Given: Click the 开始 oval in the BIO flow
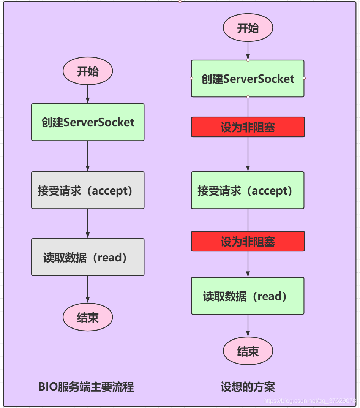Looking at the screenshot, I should [x=88, y=71].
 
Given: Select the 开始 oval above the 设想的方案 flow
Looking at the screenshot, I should [x=248, y=28].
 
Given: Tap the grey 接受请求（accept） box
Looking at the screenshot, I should [x=88, y=190].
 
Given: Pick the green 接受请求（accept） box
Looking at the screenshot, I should [x=248, y=190].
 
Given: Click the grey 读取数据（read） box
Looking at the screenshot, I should [x=88, y=257].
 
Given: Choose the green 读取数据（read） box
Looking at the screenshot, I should [x=248, y=296].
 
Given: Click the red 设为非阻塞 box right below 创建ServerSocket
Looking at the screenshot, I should [x=248, y=127].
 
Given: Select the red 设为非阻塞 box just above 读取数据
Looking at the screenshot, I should [x=248, y=241].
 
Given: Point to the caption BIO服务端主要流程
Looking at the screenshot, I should [x=86, y=387].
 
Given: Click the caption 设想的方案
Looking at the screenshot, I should [x=248, y=387].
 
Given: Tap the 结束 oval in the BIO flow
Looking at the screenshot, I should [x=88, y=317].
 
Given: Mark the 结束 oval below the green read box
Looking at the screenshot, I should [x=248, y=351].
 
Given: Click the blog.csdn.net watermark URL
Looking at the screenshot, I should [x=309, y=401].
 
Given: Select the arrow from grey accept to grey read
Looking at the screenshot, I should [x=88, y=223].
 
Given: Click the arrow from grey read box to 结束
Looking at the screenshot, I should [x=88, y=289].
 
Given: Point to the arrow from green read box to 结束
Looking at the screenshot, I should [x=248, y=326].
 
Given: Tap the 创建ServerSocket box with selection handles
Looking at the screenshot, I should [x=248, y=79].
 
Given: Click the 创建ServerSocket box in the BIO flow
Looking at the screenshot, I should [x=88, y=122].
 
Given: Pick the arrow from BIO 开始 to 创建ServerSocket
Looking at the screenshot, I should [x=88, y=94].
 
